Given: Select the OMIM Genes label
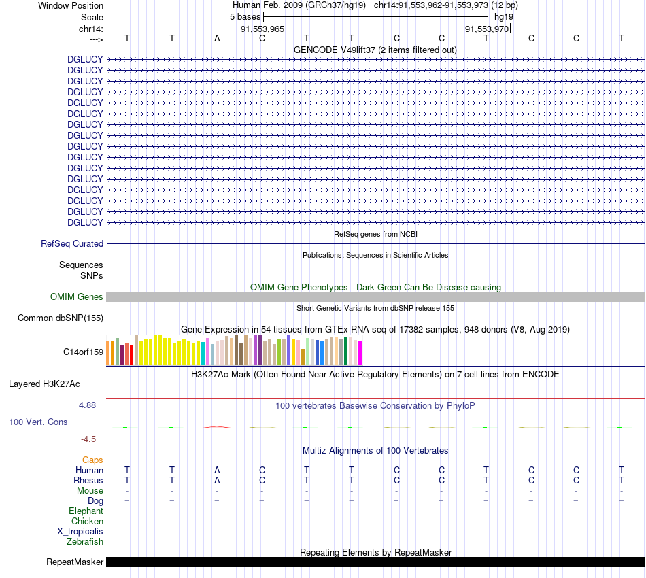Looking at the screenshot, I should pyautogui.click(x=77, y=296).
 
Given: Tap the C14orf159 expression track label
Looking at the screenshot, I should pyautogui.click(x=83, y=352).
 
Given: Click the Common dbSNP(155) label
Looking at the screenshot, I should pyautogui.click(x=61, y=318).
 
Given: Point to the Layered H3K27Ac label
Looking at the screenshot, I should pyautogui.click(x=44, y=384).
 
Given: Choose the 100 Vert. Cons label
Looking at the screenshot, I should pyautogui.click(x=38, y=422).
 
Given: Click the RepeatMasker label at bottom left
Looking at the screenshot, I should pyautogui.click(x=75, y=562).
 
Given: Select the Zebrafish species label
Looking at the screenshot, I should pyautogui.click(x=85, y=542).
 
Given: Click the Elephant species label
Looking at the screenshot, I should pyautogui.click(x=86, y=511).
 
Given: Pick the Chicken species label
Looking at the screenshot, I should pyautogui.click(x=87, y=522).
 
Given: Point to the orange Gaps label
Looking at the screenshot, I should pyautogui.click(x=92, y=460).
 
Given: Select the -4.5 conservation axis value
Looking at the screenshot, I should pyautogui.click(x=92, y=439).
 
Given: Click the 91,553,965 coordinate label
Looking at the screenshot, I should pyautogui.click(x=262, y=29).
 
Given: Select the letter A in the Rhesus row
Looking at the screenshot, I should pyautogui.click(x=217, y=480).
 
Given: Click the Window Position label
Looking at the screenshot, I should pyautogui.click(x=71, y=5).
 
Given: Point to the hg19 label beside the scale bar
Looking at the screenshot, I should pyautogui.click(x=504, y=16).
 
